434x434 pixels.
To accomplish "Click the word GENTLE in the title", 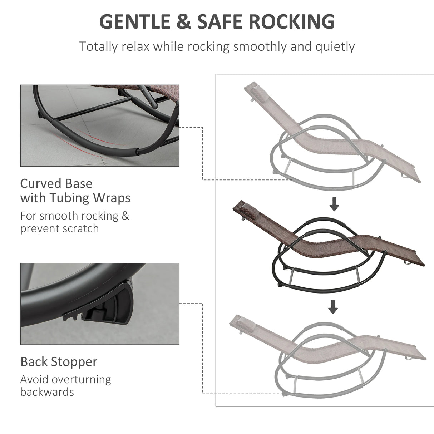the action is click(135, 21).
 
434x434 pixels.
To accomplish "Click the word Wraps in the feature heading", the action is click(112, 198).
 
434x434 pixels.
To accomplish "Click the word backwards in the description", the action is click(47, 392).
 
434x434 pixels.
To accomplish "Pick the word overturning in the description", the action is click(83, 380).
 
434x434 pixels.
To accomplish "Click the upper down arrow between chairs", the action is click(334, 204).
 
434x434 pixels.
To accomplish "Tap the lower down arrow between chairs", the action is click(333, 307).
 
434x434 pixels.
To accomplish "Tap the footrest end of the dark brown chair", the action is click(419, 261).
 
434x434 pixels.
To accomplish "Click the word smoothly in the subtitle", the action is click(260, 47).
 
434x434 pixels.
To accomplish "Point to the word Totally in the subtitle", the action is click(98, 47).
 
